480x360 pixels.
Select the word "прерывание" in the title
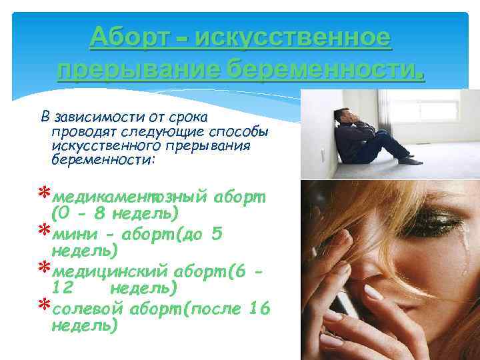pyautogui.click(x=139, y=69)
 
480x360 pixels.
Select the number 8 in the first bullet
pyautogui.click(x=97, y=214)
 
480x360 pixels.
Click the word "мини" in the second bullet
pyautogui.click(x=71, y=234)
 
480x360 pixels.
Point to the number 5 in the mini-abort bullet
pyautogui.click(x=217, y=234)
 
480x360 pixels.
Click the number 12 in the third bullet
pyautogui.click(x=63, y=288)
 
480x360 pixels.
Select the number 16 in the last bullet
pyautogui.click(x=259, y=308)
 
